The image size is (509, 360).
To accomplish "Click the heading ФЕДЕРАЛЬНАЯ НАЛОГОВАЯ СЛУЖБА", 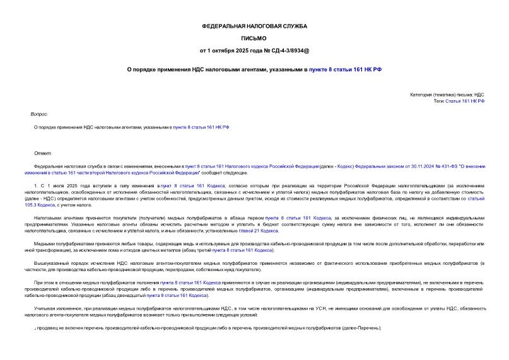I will (254, 26).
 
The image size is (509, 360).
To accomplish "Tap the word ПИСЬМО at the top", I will (254, 38).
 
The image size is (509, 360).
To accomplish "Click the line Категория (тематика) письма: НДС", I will (447, 95).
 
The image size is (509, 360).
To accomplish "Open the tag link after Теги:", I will (465, 101).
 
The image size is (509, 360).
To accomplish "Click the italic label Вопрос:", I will (39, 114).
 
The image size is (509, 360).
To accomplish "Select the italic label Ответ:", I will (43, 153).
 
